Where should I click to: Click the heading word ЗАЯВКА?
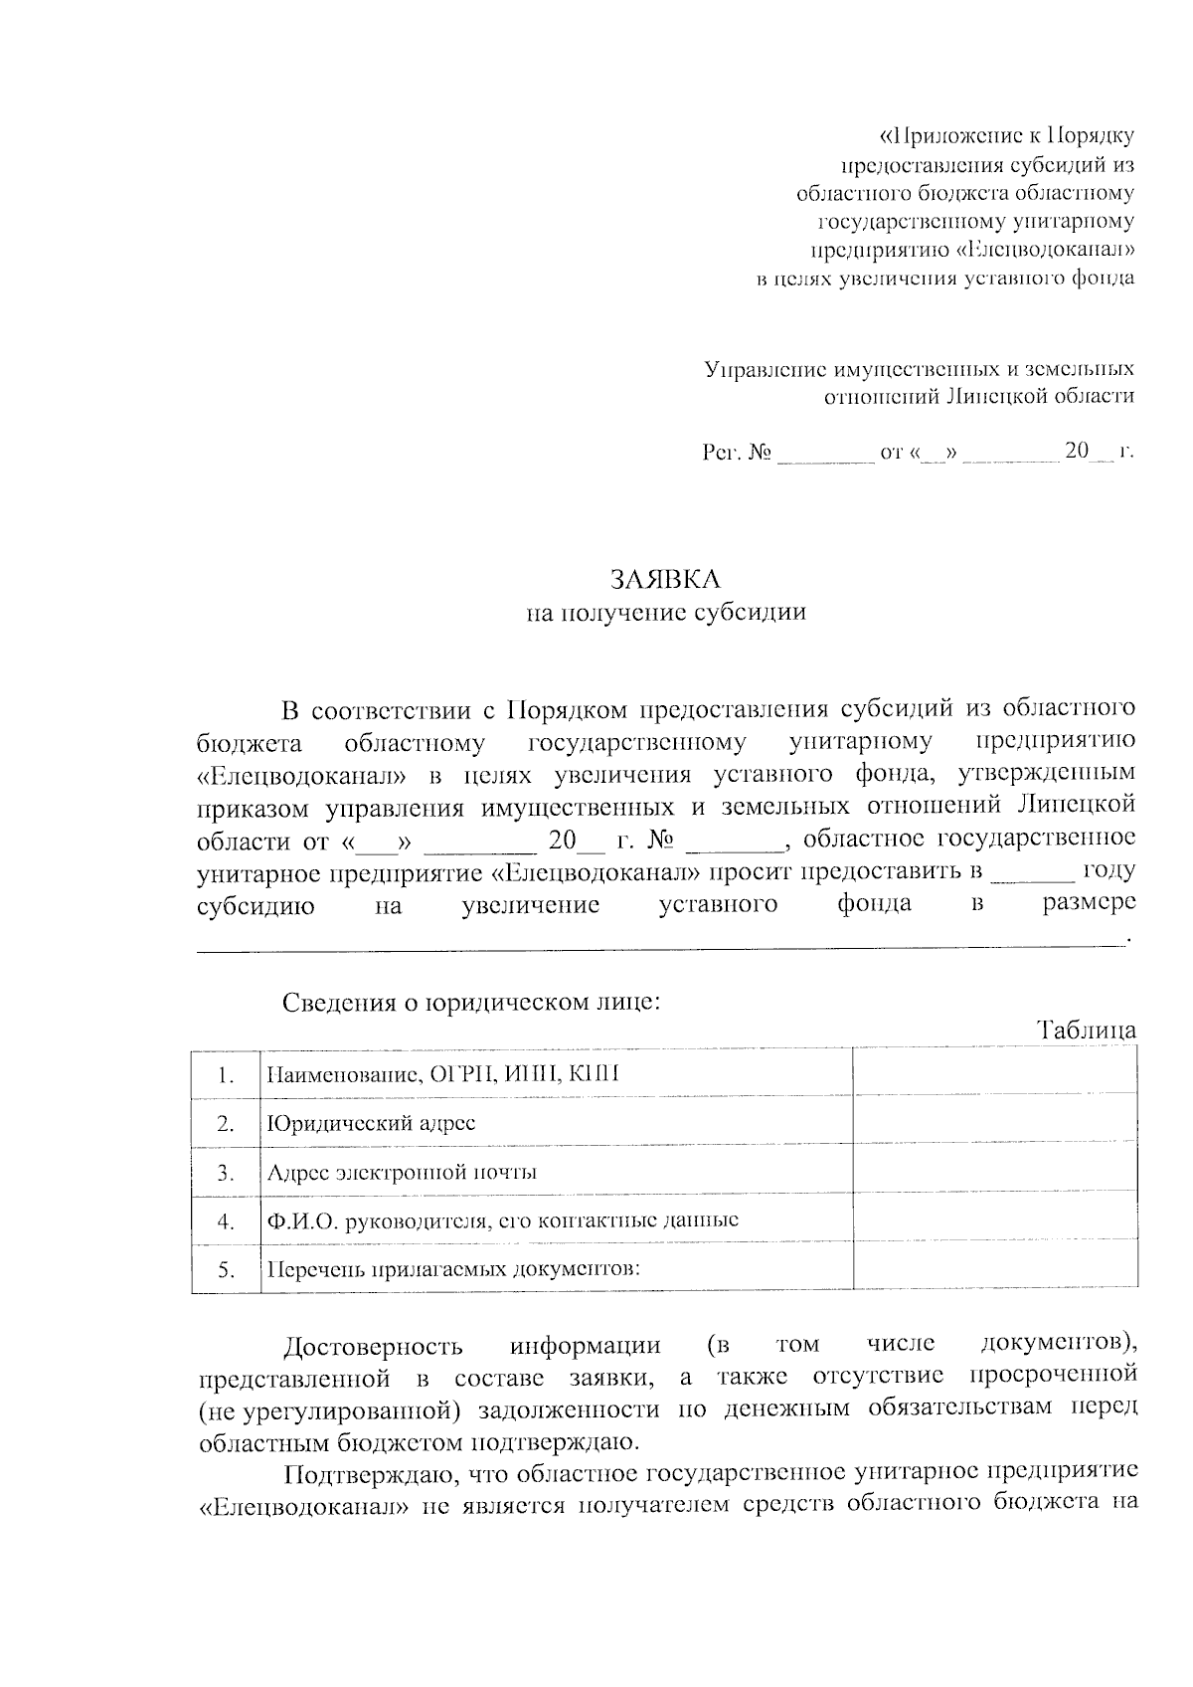pyautogui.click(x=665, y=579)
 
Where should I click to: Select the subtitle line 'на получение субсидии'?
pyautogui.click(x=665, y=613)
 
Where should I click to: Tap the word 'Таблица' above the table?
pyautogui.click(x=1087, y=1031)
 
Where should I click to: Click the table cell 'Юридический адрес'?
pyautogui.click(x=371, y=1124)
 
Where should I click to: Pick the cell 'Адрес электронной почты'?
pyautogui.click(x=402, y=1172)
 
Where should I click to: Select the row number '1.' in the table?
pyautogui.click(x=226, y=1075)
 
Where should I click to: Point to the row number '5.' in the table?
pyautogui.click(x=226, y=1270)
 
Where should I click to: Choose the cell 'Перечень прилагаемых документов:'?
pyautogui.click(x=452, y=1270)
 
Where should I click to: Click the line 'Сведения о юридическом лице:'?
pyautogui.click(x=471, y=1002)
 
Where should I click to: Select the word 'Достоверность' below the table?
pyautogui.click(x=373, y=1347)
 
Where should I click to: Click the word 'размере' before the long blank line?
pyautogui.click(x=1089, y=904)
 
